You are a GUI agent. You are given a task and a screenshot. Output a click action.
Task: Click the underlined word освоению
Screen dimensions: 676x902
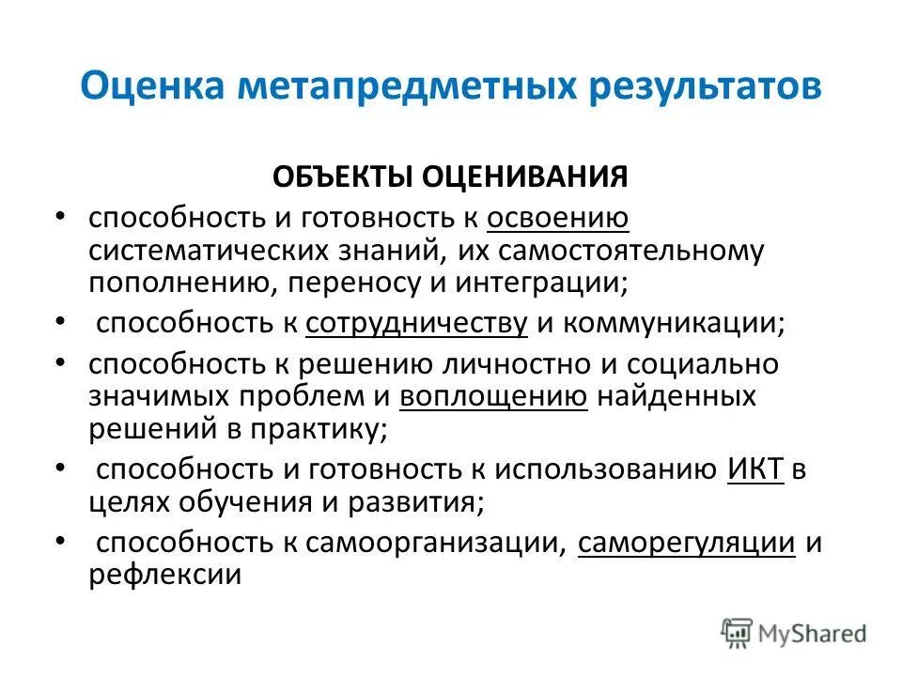click(x=558, y=219)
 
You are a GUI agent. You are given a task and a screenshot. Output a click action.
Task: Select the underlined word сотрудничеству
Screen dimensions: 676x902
click(x=416, y=323)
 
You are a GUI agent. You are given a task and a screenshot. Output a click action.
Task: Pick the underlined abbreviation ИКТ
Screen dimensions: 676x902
click(x=755, y=468)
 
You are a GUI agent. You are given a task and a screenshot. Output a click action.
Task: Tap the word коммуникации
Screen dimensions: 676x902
click(x=676, y=323)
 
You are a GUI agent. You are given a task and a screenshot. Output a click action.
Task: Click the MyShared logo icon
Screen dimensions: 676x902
click(x=738, y=633)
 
